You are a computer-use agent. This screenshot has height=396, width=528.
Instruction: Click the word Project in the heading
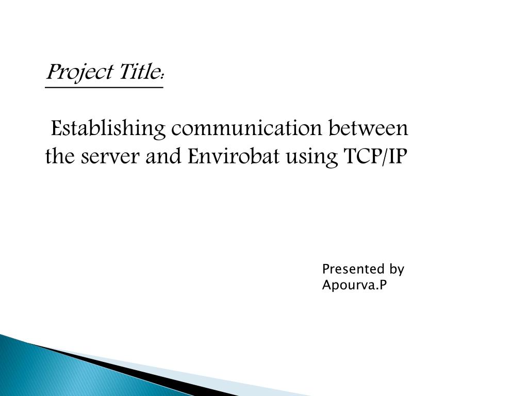point(79,72)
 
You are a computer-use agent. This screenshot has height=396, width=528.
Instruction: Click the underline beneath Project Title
point(104,88)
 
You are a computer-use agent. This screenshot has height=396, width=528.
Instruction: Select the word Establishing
point(108,129)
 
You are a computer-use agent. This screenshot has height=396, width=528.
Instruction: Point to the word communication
point(246,128)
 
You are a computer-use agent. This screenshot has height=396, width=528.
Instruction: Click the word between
point(368,128)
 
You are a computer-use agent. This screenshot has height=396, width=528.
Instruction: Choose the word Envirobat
point(234,156)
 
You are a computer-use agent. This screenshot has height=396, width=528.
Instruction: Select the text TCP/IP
point(375,156)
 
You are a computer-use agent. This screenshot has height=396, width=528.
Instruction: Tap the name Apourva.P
point(354,285)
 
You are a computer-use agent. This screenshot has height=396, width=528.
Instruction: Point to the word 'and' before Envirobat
point(163,156)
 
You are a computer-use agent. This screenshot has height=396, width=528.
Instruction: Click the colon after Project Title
point(162,76)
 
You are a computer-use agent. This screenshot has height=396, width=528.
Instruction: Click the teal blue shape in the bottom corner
point(68,374)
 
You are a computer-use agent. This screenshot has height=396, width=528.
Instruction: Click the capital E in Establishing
point(57,128)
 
